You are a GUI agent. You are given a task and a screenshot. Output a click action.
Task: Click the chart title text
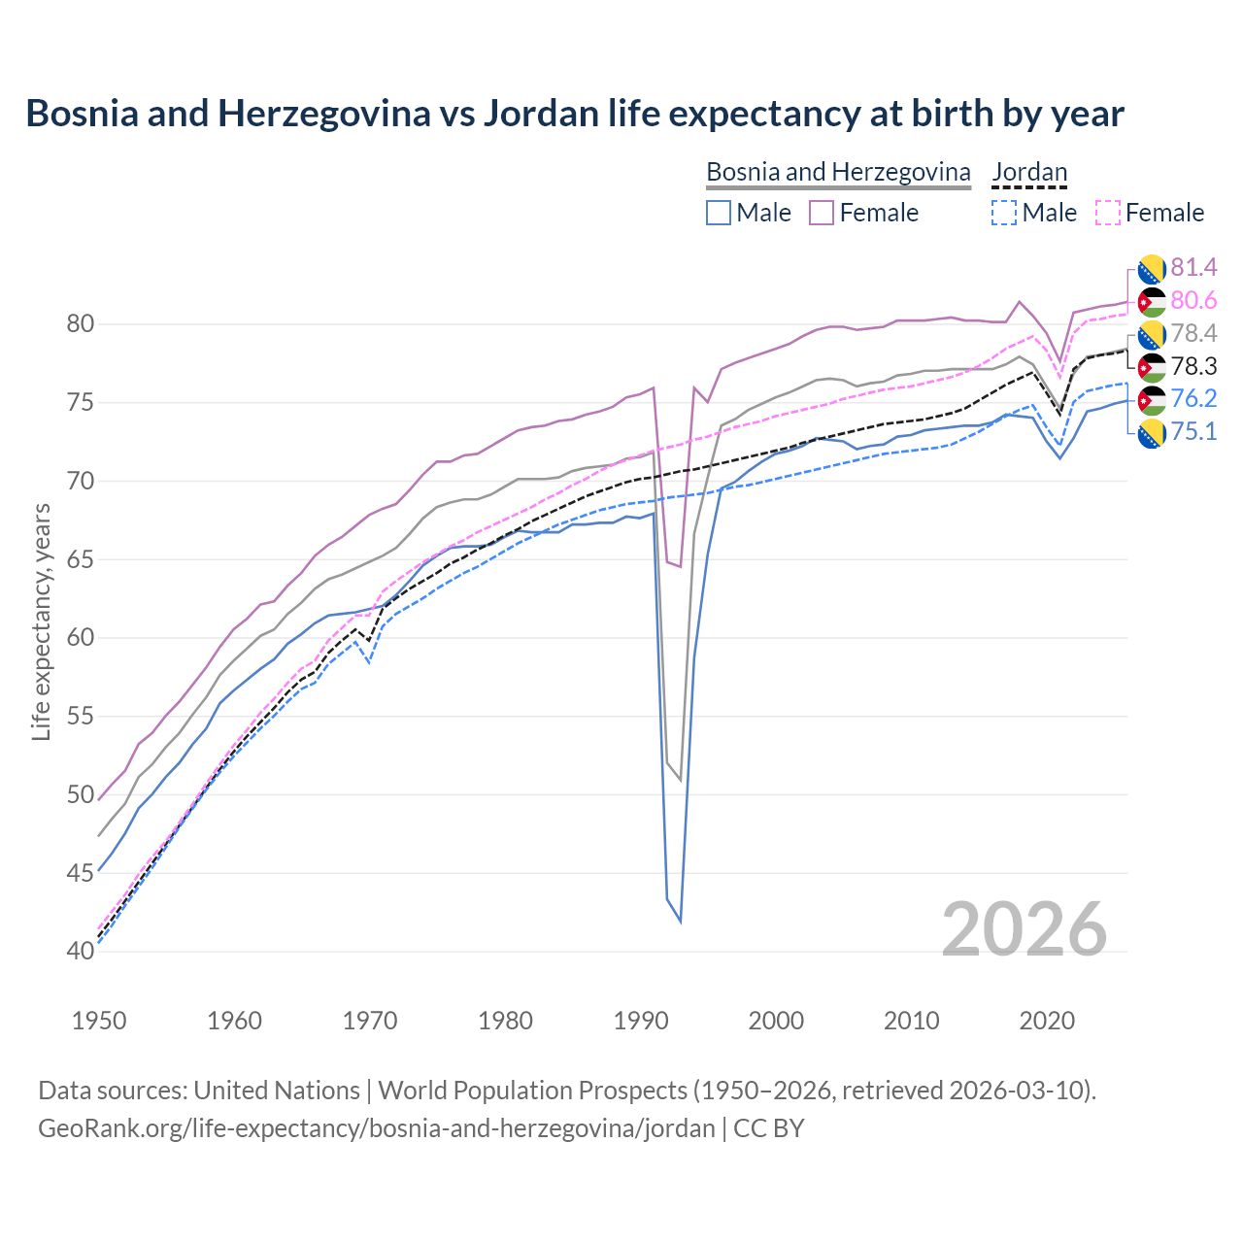point(574,114)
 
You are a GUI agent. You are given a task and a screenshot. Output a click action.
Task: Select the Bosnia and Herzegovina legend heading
point(838,172)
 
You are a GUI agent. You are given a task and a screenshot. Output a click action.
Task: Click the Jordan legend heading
point(1029,172)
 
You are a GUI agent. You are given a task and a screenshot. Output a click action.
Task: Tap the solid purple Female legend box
point(822,213)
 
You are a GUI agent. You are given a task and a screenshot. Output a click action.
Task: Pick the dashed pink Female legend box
point(1107,213)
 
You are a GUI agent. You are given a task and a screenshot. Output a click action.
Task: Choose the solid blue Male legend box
point(719,213)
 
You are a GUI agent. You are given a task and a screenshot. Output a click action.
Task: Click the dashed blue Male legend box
point(1004,213)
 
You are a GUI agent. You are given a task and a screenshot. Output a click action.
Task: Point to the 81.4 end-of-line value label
point(1193,267)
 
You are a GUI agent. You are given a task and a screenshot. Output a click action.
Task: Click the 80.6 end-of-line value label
point(1193,301)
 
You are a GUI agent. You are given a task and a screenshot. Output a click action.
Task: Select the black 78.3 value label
point(1193,366)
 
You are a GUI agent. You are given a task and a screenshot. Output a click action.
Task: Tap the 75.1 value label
point(1193,431)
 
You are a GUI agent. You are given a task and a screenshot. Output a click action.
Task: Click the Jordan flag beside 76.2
point(1152,399)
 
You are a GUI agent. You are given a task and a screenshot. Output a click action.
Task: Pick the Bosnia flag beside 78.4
point(1152,334)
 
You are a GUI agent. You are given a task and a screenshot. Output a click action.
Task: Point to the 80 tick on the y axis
point(81,323)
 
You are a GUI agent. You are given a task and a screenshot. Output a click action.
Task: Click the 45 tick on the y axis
point(81,872)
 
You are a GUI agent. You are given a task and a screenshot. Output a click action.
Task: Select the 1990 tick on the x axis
point(641,1021)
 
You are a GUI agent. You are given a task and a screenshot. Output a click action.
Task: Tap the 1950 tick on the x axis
point(100,1021)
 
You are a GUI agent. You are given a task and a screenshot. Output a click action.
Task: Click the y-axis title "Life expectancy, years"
point(42,621)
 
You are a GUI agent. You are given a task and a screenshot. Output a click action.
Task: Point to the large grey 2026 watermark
point(1025,929)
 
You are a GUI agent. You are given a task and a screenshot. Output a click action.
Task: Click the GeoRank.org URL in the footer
point(376,1128)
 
